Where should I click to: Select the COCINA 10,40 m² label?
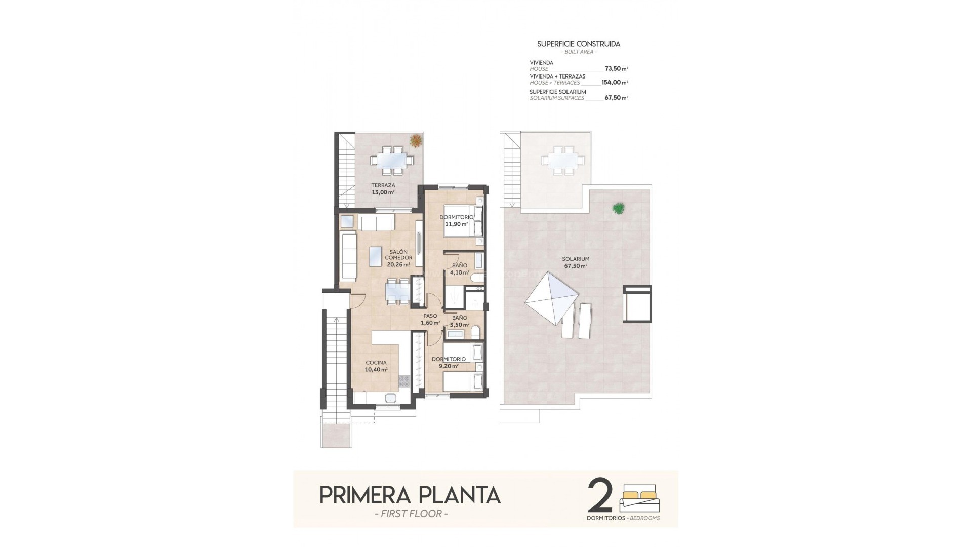tap(376, 366)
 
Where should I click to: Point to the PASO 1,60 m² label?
tap(430, 319)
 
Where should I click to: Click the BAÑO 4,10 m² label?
tap(460, 268)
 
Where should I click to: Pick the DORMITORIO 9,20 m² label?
tap(448, 362)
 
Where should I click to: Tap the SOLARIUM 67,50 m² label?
tap(576, 262)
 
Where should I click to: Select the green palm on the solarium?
tap(618, 207)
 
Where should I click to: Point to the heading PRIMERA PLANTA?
tap(410, 495)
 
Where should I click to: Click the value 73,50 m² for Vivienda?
tap(616, 68)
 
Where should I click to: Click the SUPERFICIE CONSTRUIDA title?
tap(578, 44)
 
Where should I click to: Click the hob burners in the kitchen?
tap(404, 381)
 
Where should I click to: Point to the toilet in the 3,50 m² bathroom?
tap(475, 333)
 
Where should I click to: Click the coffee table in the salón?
tap(375, 256)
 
